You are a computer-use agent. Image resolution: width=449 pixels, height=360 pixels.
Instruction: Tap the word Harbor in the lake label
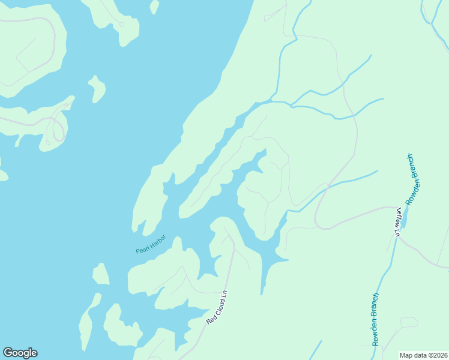click(x=157, y=242)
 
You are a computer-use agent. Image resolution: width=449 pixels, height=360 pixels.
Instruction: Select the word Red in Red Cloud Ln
click(x=211, y=319)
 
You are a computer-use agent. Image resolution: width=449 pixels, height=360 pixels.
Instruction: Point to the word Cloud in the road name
click(x=218, y=306)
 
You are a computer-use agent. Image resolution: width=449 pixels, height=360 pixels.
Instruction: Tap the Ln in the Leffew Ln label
click(x=397, y=231)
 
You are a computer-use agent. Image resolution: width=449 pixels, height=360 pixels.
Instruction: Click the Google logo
click(x=20, y=353)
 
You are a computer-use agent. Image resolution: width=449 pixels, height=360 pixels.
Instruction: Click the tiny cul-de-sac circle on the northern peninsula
click(x=122, y=25)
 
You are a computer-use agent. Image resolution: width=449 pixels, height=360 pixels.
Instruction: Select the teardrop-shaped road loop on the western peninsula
click(x=58, y=130)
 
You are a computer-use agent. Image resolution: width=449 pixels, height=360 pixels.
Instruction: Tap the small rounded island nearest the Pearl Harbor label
click(x=100, y=274)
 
